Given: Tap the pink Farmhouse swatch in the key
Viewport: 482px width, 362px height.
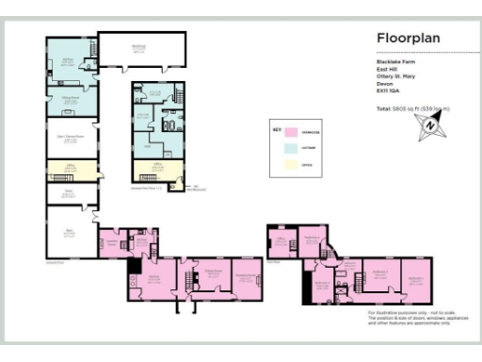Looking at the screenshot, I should click(292, 134).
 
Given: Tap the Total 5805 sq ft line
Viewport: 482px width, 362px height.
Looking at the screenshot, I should click(412, 109).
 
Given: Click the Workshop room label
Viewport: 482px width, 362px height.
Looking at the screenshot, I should click(138, 49).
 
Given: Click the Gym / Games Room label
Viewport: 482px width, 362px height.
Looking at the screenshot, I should click(72, 138).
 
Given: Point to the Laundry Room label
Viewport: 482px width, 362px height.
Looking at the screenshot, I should click(111, 242).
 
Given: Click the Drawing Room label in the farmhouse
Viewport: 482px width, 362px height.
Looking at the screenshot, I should click(247, 275).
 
